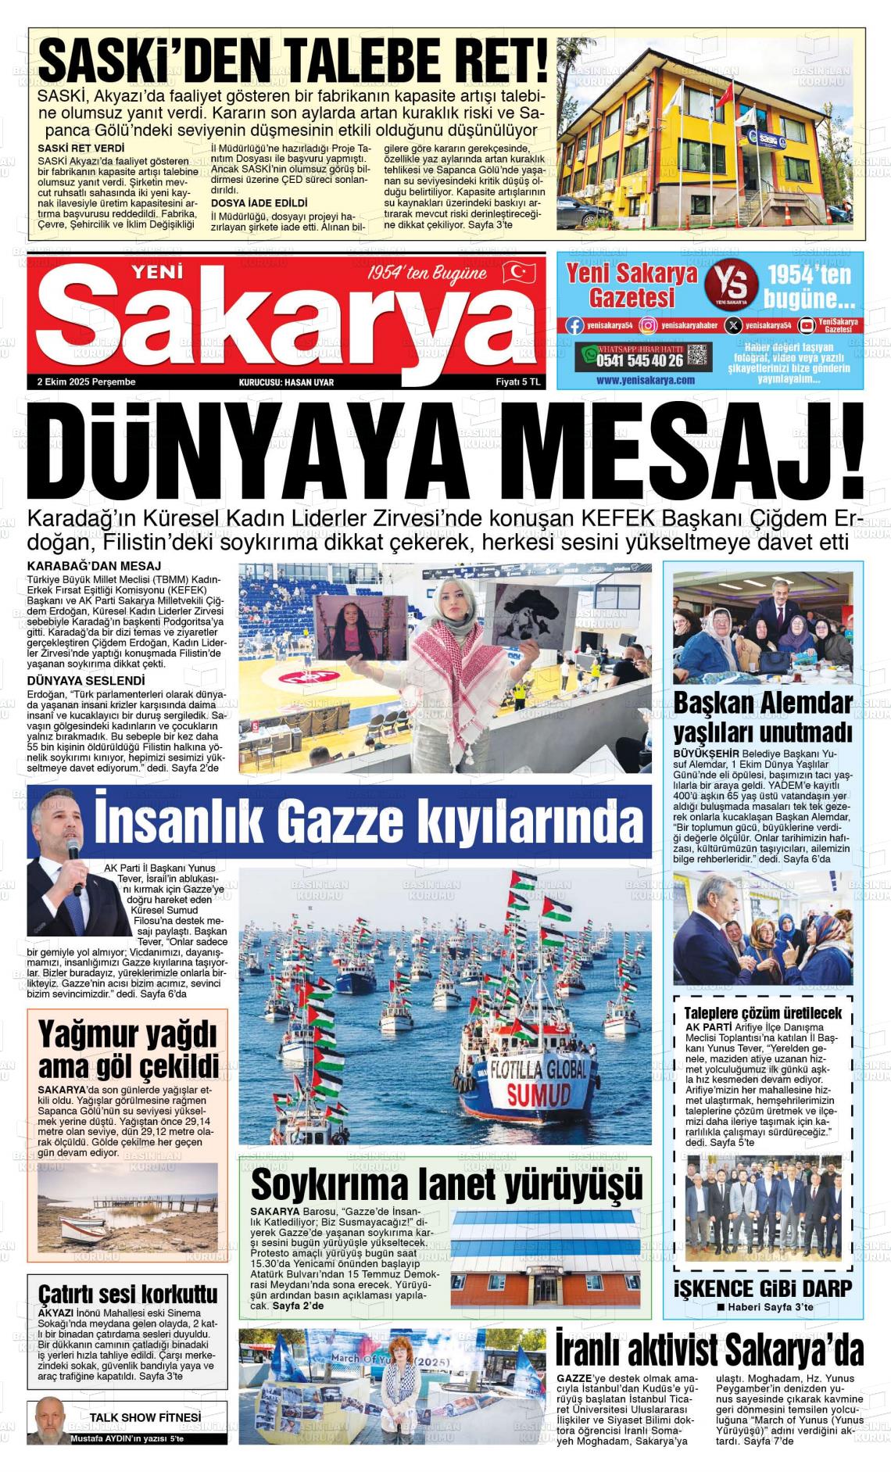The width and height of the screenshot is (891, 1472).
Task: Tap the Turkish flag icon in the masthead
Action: click(518, 272)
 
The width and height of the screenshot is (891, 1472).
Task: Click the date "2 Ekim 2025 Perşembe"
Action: click(87, 381)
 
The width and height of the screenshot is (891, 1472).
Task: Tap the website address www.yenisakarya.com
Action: click(645, 380)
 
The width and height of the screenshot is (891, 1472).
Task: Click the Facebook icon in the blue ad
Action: click(574, 325)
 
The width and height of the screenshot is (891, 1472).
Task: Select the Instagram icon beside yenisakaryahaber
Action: click(648, 325)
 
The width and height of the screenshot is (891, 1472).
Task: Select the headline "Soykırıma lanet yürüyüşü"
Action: click(446, 1185)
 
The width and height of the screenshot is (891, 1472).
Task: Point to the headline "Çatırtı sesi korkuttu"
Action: click(127, 1294)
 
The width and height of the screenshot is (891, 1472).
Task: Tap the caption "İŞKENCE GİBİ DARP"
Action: click(762, 1288)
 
